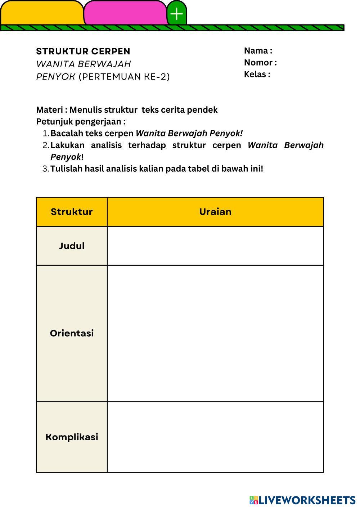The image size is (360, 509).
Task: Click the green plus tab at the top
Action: tap(176, 14)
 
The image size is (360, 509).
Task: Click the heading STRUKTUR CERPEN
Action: tap(83, 51)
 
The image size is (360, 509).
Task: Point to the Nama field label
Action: tap(258, 51)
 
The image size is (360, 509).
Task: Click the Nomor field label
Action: tap(260, 63)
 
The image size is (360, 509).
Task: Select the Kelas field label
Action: tap(257, 75)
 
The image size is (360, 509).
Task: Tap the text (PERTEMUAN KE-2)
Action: tap(124, 77)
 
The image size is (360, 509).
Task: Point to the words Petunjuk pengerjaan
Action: tap(81, 122)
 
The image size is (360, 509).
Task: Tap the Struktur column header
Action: tap(72, 212)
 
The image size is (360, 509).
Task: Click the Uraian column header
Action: tap(215, 212)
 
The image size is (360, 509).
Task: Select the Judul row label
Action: tap(72, 246)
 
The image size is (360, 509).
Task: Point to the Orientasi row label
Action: tap(72, 333)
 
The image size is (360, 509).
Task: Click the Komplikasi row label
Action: tap(72, 437)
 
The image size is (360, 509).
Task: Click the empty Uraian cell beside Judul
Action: tap(215, 246)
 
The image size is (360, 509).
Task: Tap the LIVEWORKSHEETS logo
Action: tap(302, 500)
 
